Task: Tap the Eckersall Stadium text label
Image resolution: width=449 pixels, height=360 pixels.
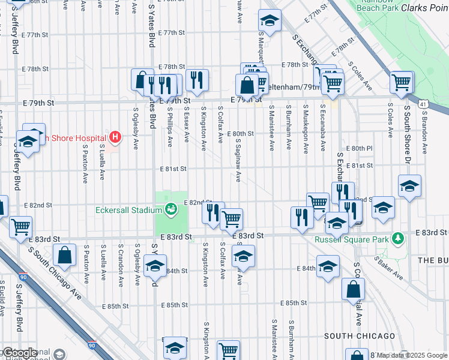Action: pos(128,210)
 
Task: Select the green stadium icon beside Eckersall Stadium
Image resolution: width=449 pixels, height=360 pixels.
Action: pos(172,209)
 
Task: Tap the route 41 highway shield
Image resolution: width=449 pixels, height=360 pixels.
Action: pos(423,104)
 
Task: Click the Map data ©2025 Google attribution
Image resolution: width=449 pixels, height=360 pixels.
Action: pos(412,355)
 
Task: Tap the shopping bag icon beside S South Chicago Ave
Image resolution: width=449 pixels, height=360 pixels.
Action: pos(65,256)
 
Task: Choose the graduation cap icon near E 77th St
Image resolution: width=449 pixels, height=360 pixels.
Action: pos(270,21)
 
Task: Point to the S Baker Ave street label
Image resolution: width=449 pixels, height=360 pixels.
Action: pos(389,268)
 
